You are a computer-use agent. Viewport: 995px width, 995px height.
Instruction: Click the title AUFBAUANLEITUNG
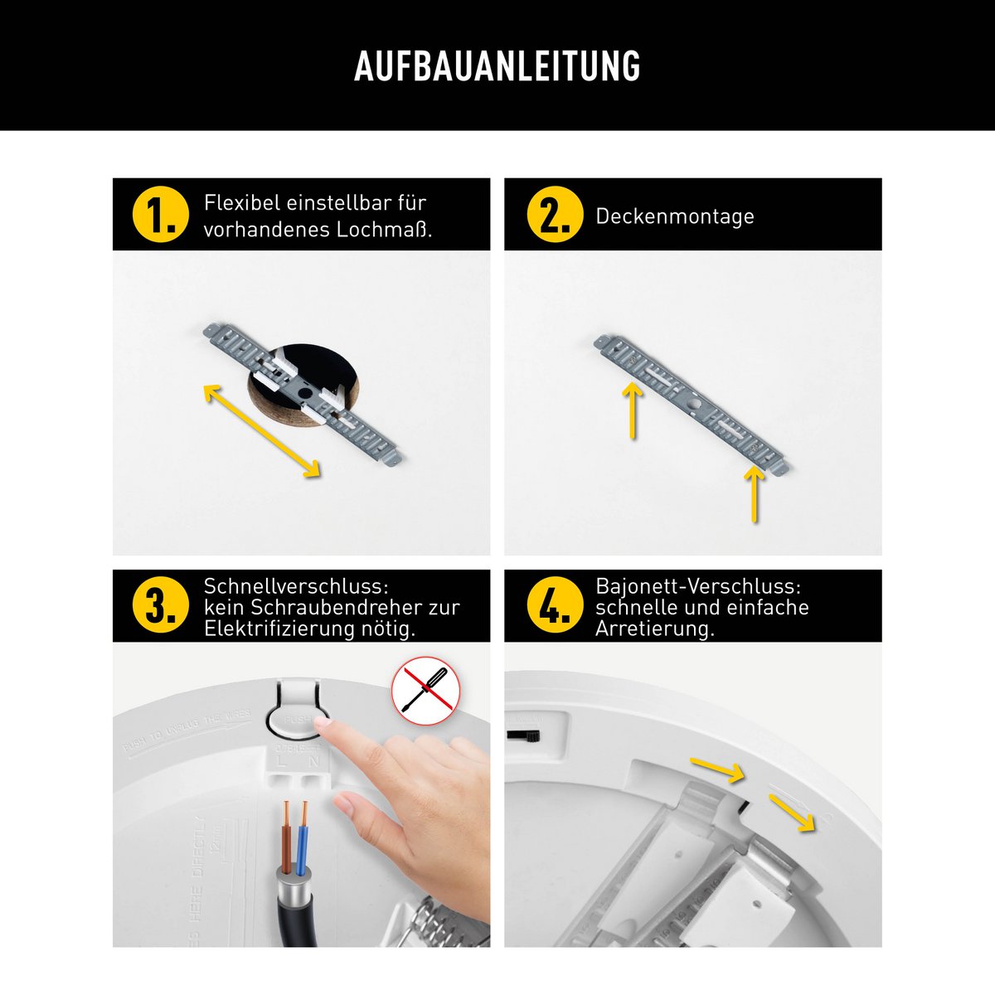[497, 66]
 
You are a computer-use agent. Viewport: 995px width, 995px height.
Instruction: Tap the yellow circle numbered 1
[160, 215]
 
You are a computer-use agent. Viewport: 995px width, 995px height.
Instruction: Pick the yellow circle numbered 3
[160, 605]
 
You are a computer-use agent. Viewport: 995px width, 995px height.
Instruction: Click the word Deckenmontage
[674, 216]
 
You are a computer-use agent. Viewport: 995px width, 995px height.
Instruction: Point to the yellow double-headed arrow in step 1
[261, 431]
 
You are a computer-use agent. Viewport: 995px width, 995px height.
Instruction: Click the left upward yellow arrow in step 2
[633, 410]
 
